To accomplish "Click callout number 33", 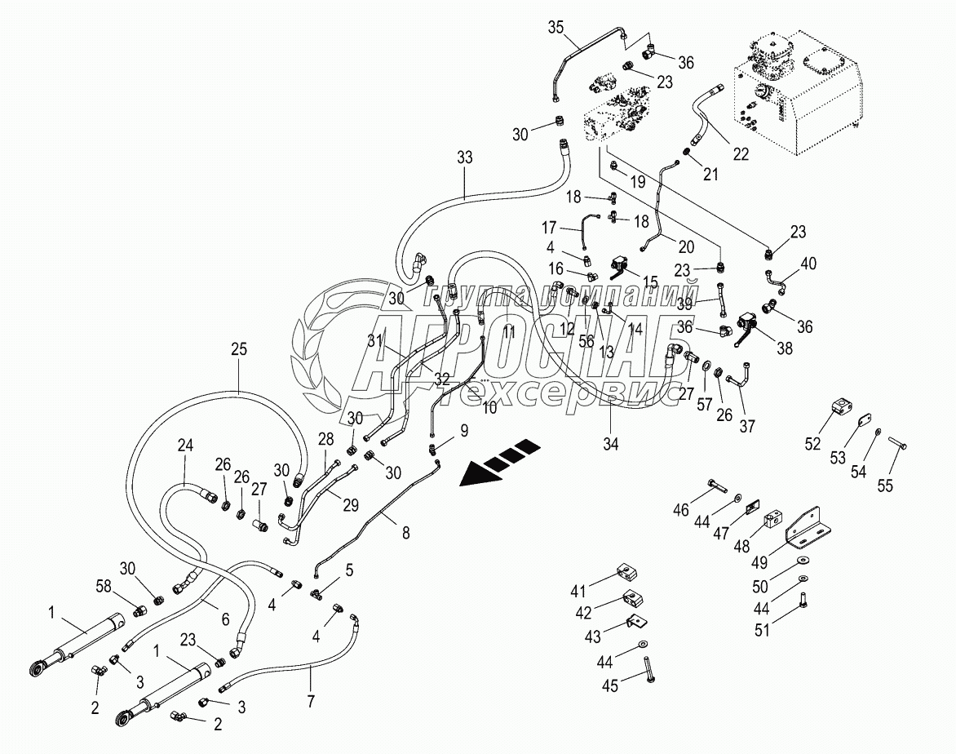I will tap(464, 157).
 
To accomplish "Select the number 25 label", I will tap(238, 349).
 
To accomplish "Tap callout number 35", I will tap(555, 28).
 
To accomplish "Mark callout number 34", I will tap(611, 444).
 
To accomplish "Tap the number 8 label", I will tap(405, 533).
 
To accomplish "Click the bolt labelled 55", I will tap(899, 444).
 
